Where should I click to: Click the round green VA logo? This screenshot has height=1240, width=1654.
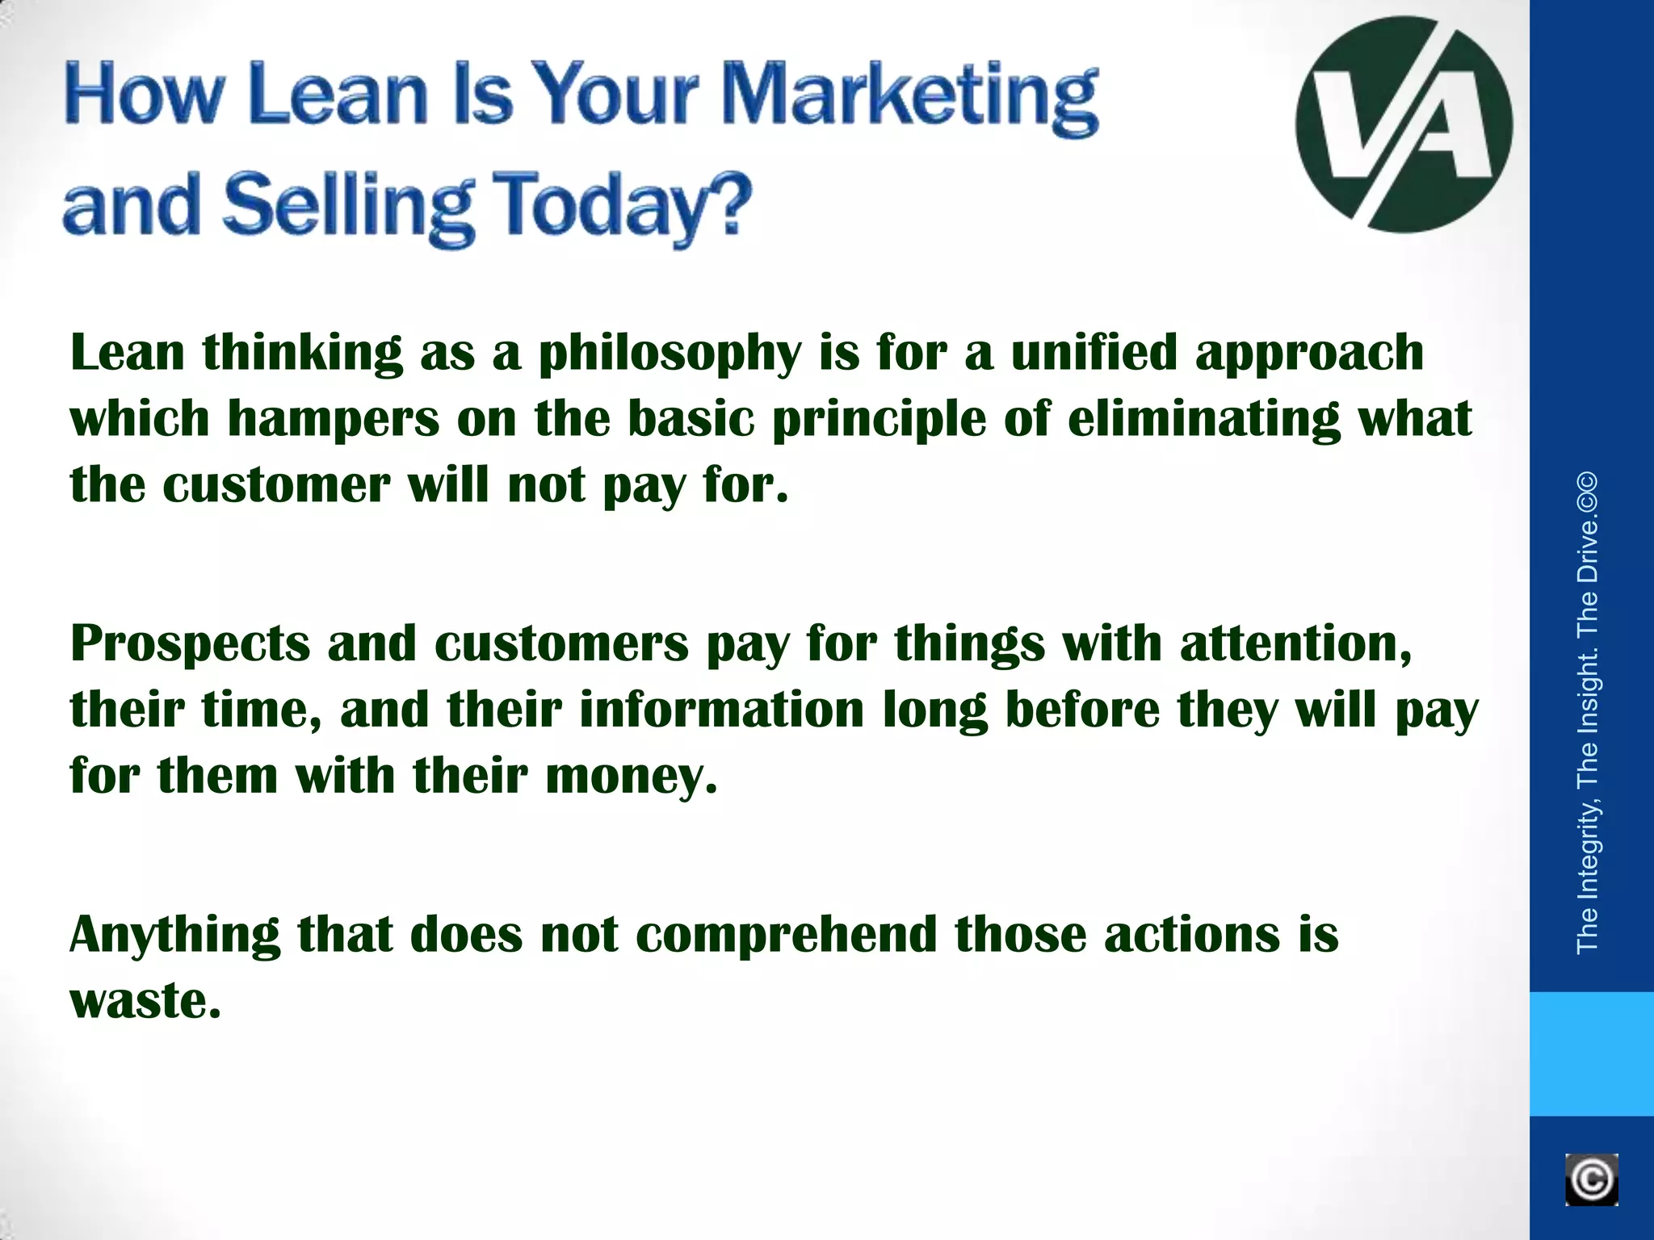pyautogui.click(x=1404, y=124)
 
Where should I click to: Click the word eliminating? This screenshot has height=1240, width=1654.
pyautogui.click(x=1203, y=419)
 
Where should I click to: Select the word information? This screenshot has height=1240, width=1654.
pyautogui.click(x=721, y=710)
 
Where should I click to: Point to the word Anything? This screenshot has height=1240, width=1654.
pyautogui.click(x=174, y=936)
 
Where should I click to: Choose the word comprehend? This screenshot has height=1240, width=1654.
pyautogui.click(x=786, y=936)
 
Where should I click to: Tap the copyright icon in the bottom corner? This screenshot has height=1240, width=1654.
pyautogui.click(x=1591, y=1180)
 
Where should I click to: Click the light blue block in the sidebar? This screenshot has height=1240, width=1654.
pyautogui.click(x=1591, y=1054)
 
